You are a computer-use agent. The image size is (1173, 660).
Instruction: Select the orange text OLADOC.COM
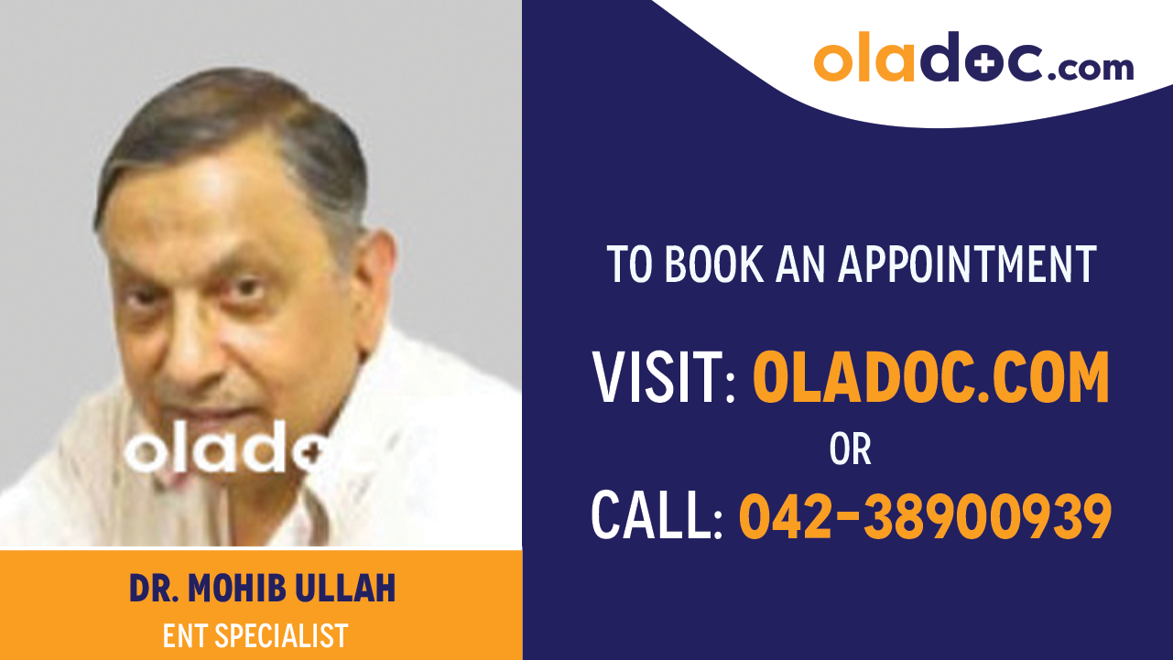(931, 378)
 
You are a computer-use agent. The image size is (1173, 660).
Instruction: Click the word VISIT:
(665, 378)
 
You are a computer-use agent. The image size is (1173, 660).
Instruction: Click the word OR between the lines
(850, 449)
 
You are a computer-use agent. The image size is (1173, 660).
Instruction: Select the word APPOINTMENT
(968, 264)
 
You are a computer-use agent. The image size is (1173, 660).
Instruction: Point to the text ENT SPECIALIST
(255, 635)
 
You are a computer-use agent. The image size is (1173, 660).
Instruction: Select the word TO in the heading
(628, 264)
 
